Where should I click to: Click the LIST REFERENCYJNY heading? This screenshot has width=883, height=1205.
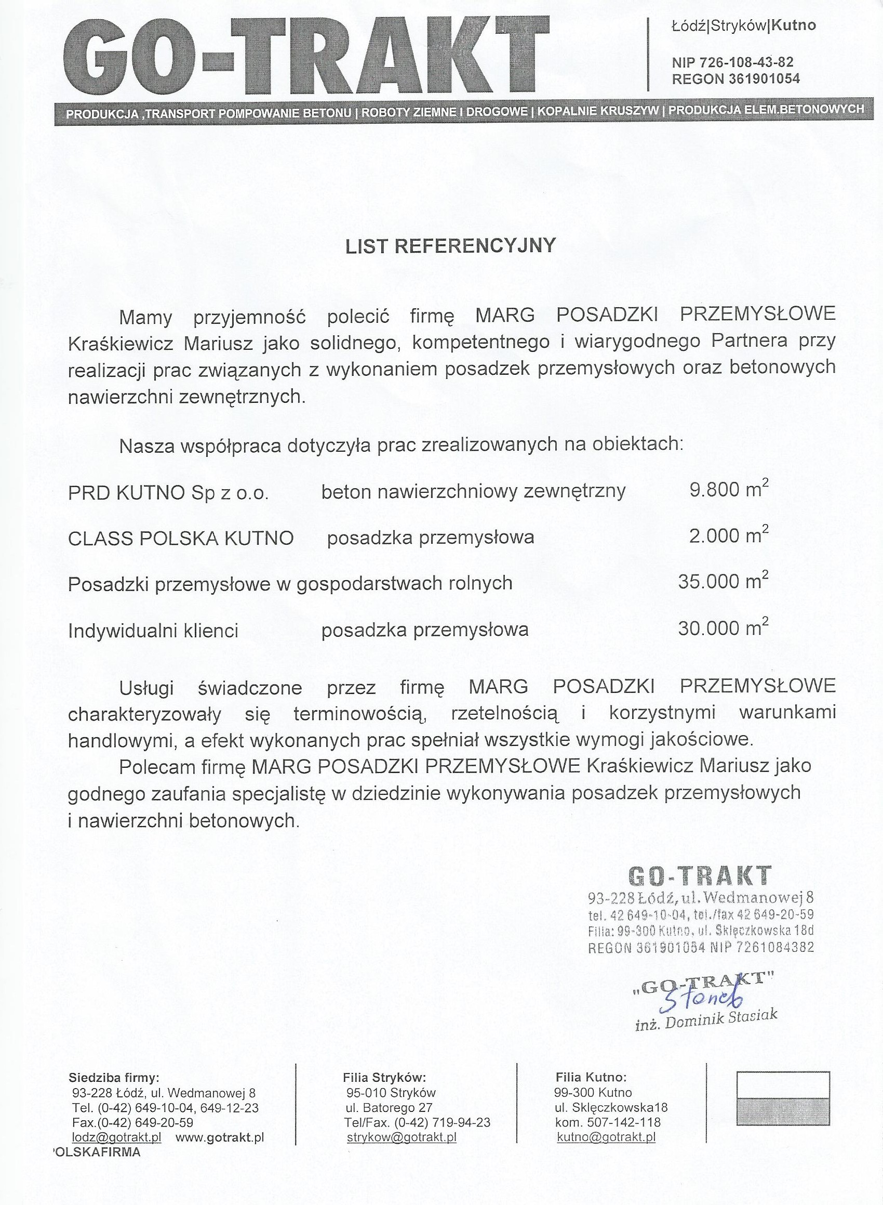click(450, 245)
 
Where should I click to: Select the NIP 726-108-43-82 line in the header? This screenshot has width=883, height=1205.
click(732, 63)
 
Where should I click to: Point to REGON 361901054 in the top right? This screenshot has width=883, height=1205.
click(735, 79)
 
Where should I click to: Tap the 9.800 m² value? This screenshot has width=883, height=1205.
click(729, 489)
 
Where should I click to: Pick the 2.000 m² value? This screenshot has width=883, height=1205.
click(729, 535)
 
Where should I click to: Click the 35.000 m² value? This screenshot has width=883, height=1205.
click(723, 581)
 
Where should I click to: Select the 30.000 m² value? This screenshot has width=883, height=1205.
click(723, 628)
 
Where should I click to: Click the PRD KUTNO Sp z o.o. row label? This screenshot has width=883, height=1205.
click(168, 493)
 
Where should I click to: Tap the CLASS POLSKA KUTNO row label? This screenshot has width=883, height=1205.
click(181, 539)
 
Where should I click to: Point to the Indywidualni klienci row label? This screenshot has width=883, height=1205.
click(153, 632)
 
